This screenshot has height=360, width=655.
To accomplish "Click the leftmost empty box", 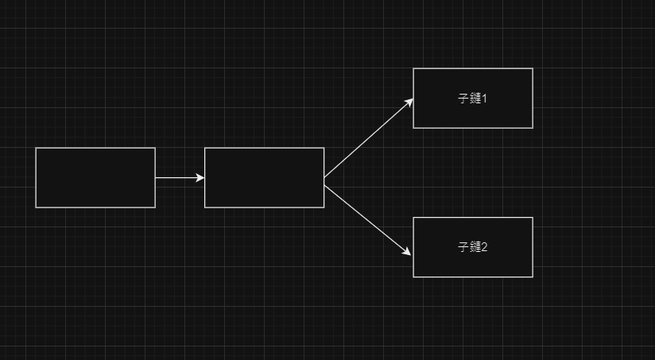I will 95,177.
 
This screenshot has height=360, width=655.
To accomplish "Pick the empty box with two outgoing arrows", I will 264,177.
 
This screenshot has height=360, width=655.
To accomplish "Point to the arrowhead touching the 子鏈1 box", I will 409,102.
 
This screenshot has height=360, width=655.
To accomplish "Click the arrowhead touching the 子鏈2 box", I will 407,252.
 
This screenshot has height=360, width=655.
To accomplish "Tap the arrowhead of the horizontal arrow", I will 200,178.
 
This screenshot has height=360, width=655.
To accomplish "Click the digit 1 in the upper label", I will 483,99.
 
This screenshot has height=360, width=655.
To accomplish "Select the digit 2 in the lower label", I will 484,247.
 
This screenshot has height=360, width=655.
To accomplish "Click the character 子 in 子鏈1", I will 464,99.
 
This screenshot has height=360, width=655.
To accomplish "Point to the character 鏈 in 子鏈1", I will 475,99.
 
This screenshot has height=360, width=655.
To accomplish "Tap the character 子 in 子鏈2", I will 463,247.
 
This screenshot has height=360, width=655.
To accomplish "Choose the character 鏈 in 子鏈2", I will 475,247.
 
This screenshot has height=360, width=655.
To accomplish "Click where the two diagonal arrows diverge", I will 325,181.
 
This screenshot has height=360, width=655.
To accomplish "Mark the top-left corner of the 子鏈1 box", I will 413,69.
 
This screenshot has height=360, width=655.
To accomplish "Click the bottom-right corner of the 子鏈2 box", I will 532,277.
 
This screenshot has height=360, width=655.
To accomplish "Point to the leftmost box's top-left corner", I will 36,148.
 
